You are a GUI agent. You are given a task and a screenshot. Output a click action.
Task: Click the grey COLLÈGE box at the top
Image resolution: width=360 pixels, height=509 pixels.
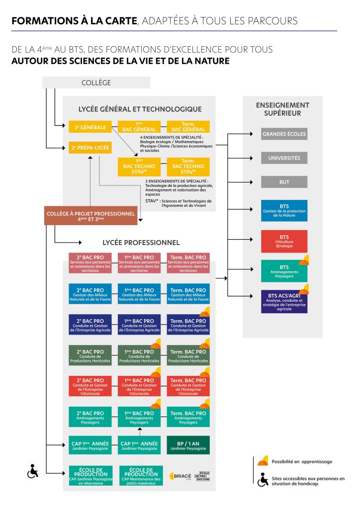click(x=96, y=83)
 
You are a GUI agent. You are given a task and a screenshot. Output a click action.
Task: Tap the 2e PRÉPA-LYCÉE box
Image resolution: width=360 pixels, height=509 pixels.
click(x=90, y=148)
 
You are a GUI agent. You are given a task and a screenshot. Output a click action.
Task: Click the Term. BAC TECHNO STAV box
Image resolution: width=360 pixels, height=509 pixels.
click(x=188, y=166)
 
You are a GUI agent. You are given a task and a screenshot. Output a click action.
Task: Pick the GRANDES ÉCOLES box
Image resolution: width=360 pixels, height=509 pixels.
click(x=284, y=134)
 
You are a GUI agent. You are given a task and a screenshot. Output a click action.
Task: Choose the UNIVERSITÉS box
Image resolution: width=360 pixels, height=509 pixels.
click(x=284, y=158)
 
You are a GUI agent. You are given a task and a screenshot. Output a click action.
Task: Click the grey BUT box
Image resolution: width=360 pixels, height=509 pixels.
click(x=284, y=182)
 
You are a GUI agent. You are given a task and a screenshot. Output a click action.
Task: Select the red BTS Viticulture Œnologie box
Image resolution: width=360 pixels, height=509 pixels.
click(x=284, y=241)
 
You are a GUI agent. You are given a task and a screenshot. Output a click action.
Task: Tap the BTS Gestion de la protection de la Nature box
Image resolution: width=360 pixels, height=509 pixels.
click(x=284, y=210)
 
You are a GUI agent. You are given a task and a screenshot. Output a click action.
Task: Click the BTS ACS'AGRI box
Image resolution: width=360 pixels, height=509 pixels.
click(x=284, y=301)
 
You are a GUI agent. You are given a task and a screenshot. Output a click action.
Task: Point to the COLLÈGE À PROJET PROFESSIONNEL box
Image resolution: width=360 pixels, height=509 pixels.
click(x=90, y=215)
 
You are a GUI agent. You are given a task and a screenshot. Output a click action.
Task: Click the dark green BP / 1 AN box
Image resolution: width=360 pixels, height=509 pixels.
click(x=188, y=445)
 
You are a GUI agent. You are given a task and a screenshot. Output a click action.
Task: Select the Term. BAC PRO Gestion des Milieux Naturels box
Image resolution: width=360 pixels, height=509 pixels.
click(x=188, y=294)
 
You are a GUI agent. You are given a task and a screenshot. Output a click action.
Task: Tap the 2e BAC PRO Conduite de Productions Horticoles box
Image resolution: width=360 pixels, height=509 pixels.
click(x=90, y=356)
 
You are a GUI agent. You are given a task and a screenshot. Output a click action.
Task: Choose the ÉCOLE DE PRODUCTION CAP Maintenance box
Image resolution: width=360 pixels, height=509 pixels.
click(x=140, y=476)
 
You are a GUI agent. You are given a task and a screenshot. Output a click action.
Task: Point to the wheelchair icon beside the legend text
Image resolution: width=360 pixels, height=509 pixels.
click(x=264, y=480)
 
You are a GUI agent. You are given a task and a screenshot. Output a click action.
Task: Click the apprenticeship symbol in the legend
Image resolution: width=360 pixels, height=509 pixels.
click(x=263, y=460)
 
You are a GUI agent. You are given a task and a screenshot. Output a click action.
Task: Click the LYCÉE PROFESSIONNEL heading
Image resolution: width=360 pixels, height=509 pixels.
click(x=141, y=243)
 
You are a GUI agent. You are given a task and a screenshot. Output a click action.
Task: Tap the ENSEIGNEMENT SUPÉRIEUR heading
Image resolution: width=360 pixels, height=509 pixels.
click(x=282, y=109)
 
